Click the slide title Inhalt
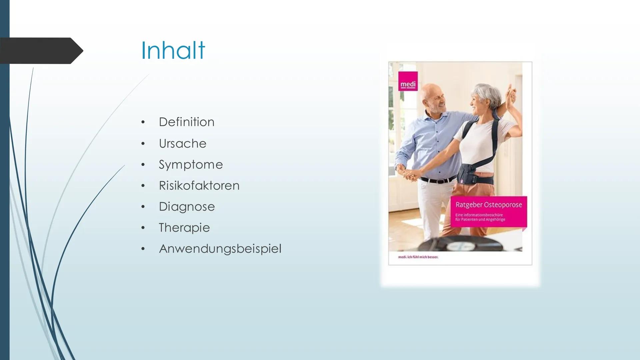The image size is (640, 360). point(173,50)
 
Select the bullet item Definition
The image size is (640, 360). point(187,122)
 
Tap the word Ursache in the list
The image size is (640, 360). point(183,144)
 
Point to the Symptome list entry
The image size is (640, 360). point(191,165)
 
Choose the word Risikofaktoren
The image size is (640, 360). point(199,186)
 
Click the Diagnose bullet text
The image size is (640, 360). point(187,207)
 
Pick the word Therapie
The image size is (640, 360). point(184,228)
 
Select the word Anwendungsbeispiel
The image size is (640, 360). point(220,249)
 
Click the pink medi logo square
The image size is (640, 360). point(408,81)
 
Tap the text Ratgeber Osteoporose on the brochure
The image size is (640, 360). point(489,205)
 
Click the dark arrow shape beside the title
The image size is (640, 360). point(41,51)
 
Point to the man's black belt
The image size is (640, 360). point(437,180)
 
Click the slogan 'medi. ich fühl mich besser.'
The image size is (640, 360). point(418,257)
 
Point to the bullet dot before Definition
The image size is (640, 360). point(143,122)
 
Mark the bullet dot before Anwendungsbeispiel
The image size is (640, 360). point(143,249)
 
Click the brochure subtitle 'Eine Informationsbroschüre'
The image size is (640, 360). point(479,215)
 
